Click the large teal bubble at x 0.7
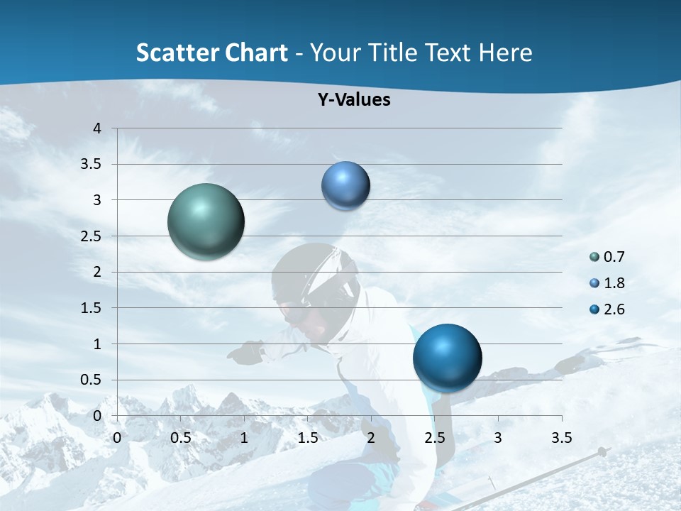[x=206, y=221]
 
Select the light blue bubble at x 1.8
[x=345, y=186]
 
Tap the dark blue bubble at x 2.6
[x=447, y=358]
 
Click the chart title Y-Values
[x=354, y=100]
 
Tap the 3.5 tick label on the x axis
[x=561, y=438]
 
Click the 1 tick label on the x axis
[x=244, y=438]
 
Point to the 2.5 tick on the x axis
[x=434, y=438]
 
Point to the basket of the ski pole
[x=602, y=451]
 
